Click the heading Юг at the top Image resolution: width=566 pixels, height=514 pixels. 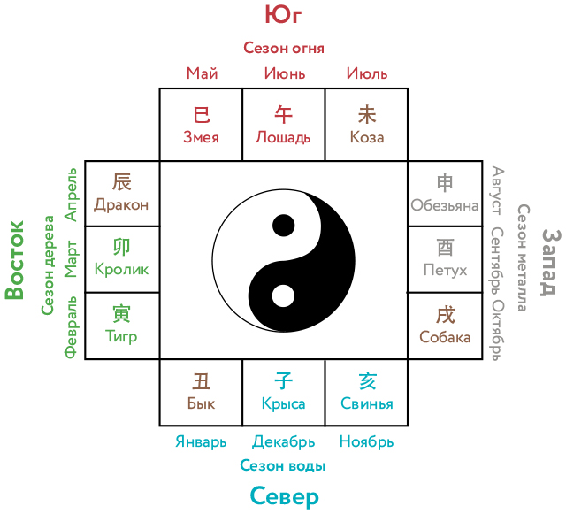(x=283, y=15)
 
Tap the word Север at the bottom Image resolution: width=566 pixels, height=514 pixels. (x=285, y=497)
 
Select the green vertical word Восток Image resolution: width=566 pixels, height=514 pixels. (x=14, y=260)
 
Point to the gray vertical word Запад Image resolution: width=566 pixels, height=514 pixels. (x=551, y=263)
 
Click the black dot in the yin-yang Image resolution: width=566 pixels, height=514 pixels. (x=283, y=226)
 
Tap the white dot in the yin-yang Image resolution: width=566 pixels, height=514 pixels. (x=283, y=295)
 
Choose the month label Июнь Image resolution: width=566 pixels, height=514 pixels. (x=285, y=73)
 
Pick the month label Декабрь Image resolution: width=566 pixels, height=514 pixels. (x=283, y=441)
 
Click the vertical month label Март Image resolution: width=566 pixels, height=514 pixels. (x=71, y=259)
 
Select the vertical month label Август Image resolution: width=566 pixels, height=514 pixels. (x=497, y=190)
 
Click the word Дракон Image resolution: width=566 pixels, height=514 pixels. (x=121, y=205)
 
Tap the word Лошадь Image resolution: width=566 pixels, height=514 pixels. (x=283, y=138)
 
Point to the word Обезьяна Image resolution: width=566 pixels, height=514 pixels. (x=445, y=205)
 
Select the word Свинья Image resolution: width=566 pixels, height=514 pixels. (x=367, y=403)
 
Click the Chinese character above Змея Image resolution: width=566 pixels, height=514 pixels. (x=202, y=115)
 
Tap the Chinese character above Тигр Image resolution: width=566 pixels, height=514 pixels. (x=121, y=313)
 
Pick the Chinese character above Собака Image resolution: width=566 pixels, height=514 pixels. (x=445, y=315)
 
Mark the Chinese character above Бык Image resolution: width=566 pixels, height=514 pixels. (x=201, y=381)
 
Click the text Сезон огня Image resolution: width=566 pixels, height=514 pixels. (x=284, y=48)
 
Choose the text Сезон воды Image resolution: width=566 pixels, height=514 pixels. (x=283, y=465)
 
